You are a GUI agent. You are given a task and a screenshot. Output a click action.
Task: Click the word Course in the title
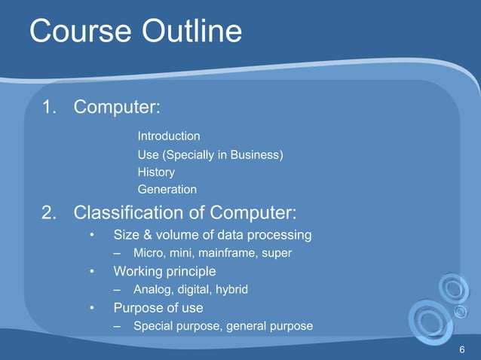pyautogui.click(x=78, y=32)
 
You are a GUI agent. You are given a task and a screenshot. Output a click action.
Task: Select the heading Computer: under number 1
pyautogui.click(x=116, y=108)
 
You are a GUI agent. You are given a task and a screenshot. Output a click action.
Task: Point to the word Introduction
pyautogui.click(x=169, y=136)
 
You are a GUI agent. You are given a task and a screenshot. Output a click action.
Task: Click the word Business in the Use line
pyautogui.click(x=255, y=155)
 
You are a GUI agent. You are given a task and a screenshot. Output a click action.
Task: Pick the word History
pyautogui.click(x=156, y=172)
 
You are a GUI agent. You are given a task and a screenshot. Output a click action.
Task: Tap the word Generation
pyautogui.click(x=167, y=190)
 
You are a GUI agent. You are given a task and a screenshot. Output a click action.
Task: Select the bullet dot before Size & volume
pyautogui.click(x=91, y=235)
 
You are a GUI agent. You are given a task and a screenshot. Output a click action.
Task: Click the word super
pyautogui.click(x=277, y=253)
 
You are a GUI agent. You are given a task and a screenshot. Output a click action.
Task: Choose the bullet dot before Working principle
pyautogui.click(x=91, y=271)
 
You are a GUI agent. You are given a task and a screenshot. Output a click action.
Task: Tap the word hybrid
pyautogui.click(x=230, y=289)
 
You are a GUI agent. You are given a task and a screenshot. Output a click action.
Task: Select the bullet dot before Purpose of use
pyautogui.click(x=91, y=308)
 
